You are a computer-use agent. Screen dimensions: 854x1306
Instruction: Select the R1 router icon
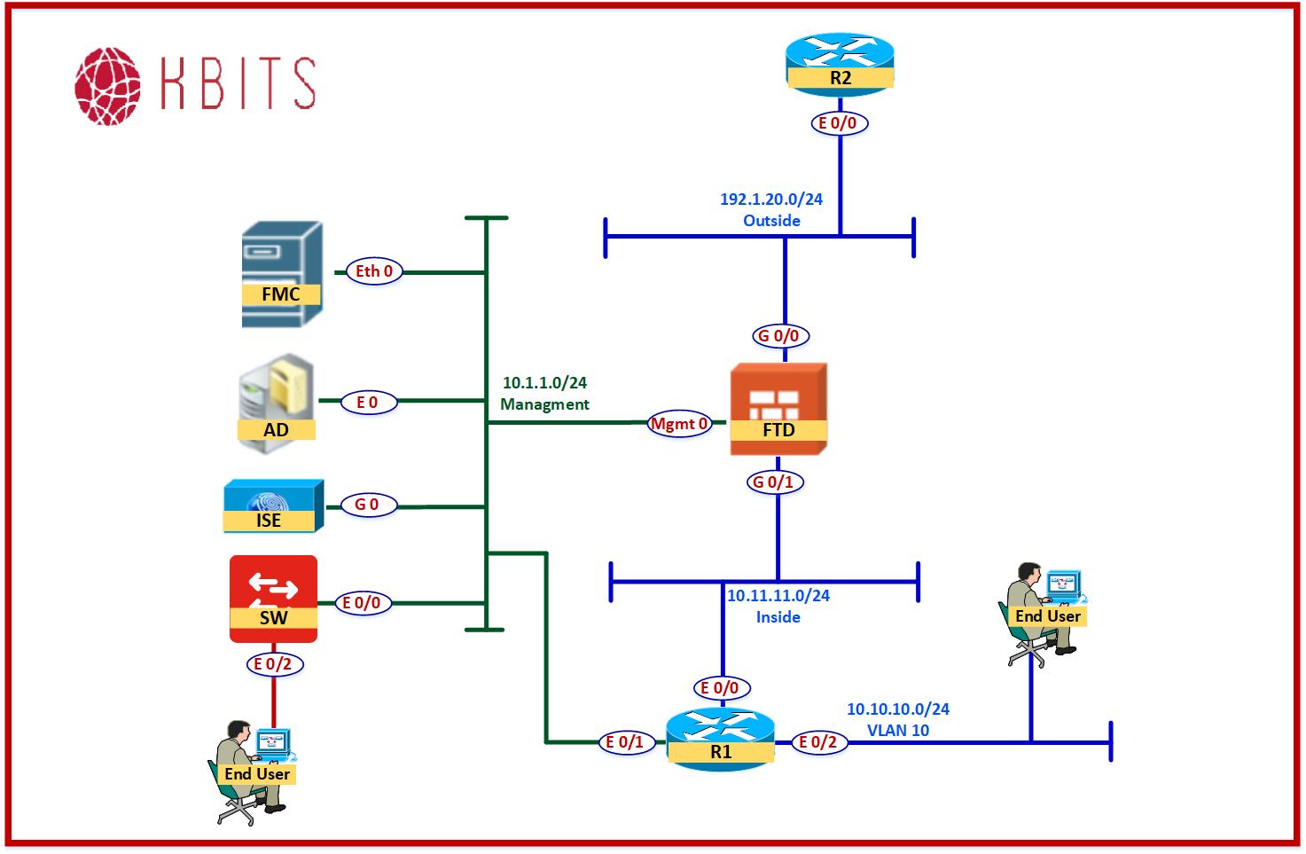721,739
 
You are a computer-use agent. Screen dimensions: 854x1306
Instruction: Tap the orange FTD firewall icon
778,408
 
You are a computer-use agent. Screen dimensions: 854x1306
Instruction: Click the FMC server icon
282,274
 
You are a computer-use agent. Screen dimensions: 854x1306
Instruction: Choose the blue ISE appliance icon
272,505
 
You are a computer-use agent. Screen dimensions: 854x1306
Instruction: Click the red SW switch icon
273,598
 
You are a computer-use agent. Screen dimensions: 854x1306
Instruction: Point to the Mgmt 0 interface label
679,424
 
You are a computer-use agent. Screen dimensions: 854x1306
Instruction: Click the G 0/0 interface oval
778,336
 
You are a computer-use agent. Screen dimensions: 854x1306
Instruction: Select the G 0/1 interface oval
772,482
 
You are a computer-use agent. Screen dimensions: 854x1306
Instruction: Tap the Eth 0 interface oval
373,271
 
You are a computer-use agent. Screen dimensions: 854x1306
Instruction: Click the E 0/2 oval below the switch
272,663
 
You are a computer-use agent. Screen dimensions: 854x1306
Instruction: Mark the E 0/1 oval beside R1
625,742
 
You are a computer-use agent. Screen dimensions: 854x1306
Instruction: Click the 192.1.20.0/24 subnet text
770,200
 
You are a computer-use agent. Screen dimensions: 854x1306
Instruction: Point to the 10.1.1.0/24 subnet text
544,383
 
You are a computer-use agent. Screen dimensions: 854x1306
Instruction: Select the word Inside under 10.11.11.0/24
778,617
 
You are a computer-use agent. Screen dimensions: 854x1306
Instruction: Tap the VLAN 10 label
897,731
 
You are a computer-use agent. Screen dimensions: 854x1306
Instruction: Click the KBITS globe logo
107,86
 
